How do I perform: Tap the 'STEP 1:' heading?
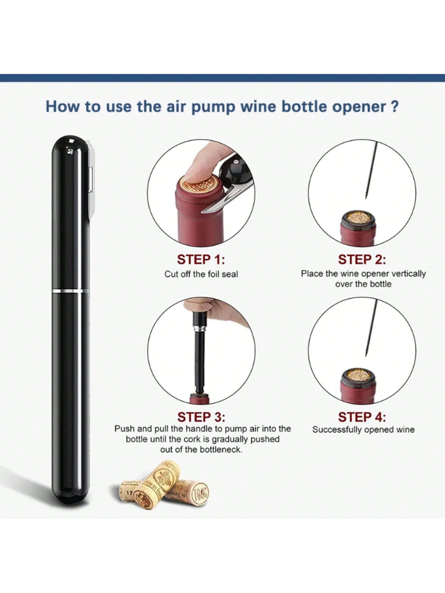point(201,260)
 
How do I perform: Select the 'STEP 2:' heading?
point(362,260)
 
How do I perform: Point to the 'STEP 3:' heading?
point(201,417)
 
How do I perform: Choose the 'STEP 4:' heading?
point(362,417)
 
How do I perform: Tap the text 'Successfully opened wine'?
point(363,430)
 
